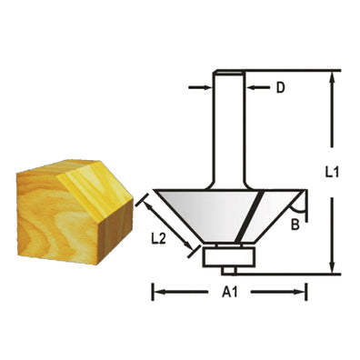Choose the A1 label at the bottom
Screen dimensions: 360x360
coord(228,293)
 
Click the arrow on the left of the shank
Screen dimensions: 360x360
coord(205,88)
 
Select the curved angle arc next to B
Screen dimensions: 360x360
coord(305,205)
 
